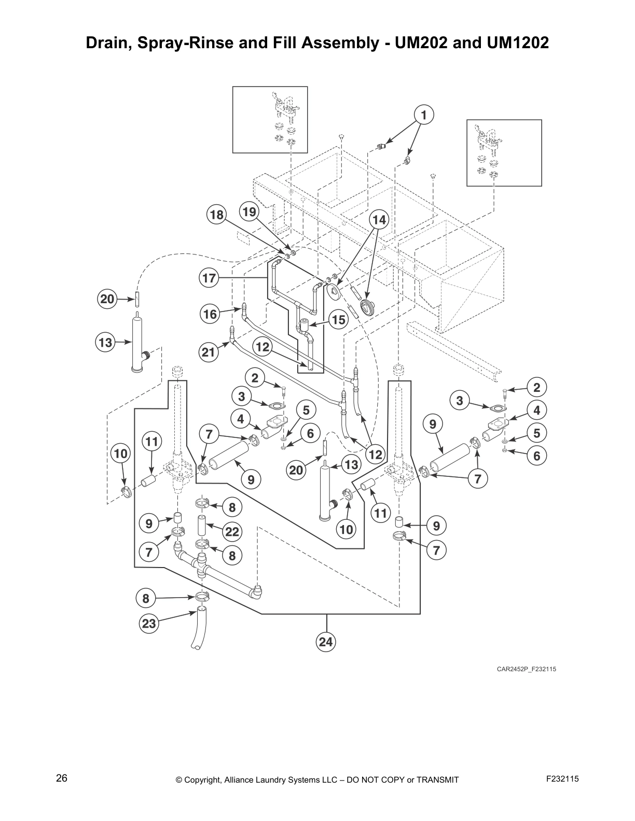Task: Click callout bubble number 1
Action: [423, 115]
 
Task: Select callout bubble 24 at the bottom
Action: [326, 642]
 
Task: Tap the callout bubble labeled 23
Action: [149, 624]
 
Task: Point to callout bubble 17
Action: [209, 278]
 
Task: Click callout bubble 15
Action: [338, 320]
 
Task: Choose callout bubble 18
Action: [216, 215]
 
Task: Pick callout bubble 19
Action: [250, 211]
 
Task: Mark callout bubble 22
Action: [232, 531]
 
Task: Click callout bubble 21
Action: [209, 352]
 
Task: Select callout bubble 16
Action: [210, 314]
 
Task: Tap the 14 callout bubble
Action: [379, 220]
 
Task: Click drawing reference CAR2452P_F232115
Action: [526, 669]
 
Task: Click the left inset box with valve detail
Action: [270, 120]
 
